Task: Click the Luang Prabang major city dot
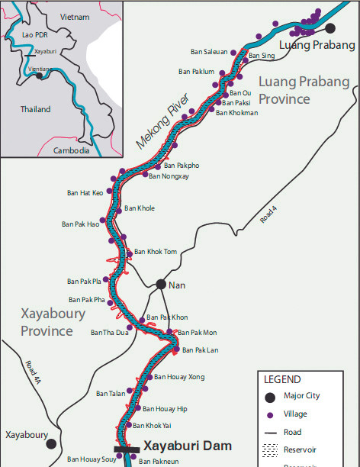(330, 28)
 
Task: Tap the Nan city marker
(161, 284)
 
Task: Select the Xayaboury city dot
(51, 443)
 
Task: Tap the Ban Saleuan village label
(209, 52)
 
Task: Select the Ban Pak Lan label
(201, 349)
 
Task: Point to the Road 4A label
(31, 370)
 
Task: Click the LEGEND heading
(282, 379)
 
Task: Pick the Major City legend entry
(302, 396)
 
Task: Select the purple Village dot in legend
(269, 414)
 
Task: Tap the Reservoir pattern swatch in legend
(269, 450)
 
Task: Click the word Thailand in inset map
(35, 109)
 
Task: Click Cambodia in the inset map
(72, 150)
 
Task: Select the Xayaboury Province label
(47, 324)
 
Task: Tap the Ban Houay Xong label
(179, 377)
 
